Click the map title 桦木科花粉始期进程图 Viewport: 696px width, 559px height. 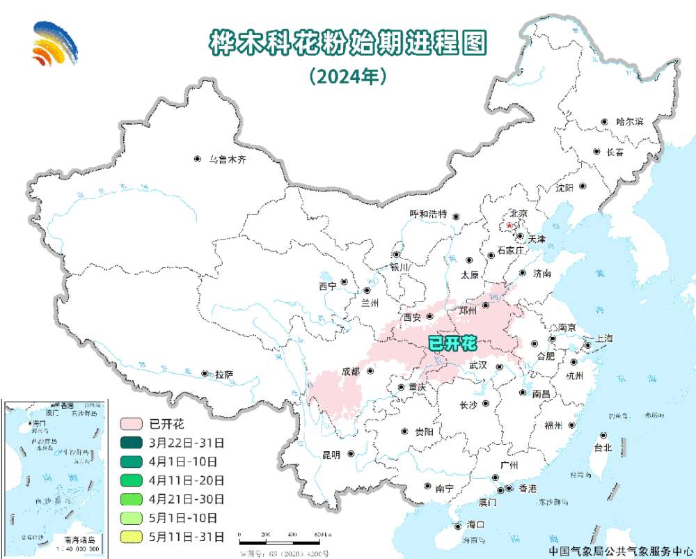(x=347, y=42)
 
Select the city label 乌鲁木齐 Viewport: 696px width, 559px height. (x=228, y=159)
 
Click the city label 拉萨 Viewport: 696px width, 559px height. (x=223, y=375)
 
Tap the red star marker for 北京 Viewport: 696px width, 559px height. (x=509, y=226)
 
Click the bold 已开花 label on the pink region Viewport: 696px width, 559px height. (x=451, y=343)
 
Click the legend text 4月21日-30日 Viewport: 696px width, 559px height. (x=187, y=498)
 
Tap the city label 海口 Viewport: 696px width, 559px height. (x=475, y=525)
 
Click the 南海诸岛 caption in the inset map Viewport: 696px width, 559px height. (x=81, y=539)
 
